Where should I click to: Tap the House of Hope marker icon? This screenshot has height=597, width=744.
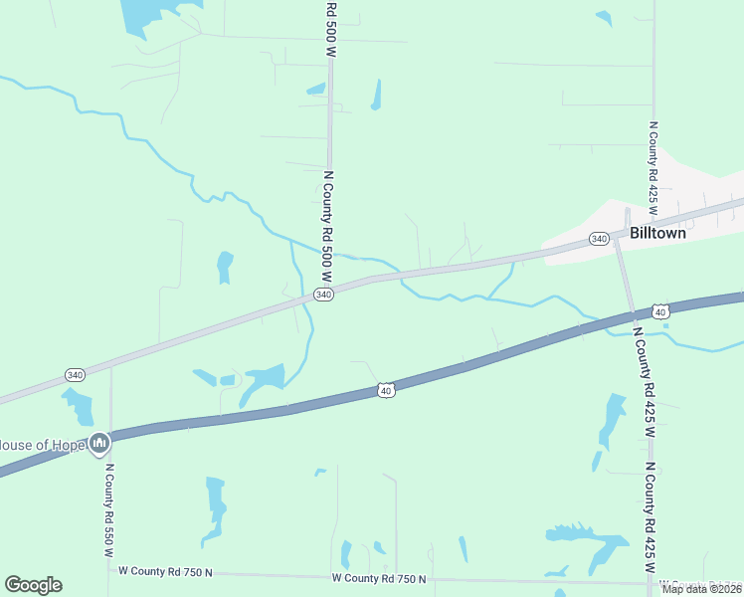(98, 443)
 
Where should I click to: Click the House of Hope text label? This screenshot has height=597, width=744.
(41, 444)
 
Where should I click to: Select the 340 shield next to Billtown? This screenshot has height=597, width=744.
(599, 239)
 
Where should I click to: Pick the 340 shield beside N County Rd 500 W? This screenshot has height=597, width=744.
(322, 295)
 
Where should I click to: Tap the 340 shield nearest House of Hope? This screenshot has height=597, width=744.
(75, 374)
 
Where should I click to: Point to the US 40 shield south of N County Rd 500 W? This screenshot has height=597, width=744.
(385, 390)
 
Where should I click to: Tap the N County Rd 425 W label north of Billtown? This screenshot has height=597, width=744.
(653, 164)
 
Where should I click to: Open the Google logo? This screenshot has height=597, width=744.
(34, 584)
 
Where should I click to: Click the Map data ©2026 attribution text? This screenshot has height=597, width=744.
(701, 588)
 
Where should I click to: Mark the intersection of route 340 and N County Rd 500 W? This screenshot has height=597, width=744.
(331, 290)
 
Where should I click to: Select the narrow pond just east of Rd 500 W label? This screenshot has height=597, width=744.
(376, 95)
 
